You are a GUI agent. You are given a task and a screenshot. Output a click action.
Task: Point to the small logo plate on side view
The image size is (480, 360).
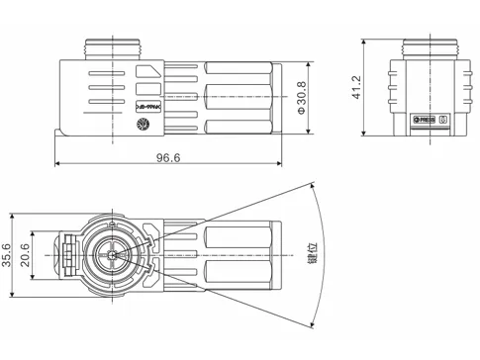[149, 102]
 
